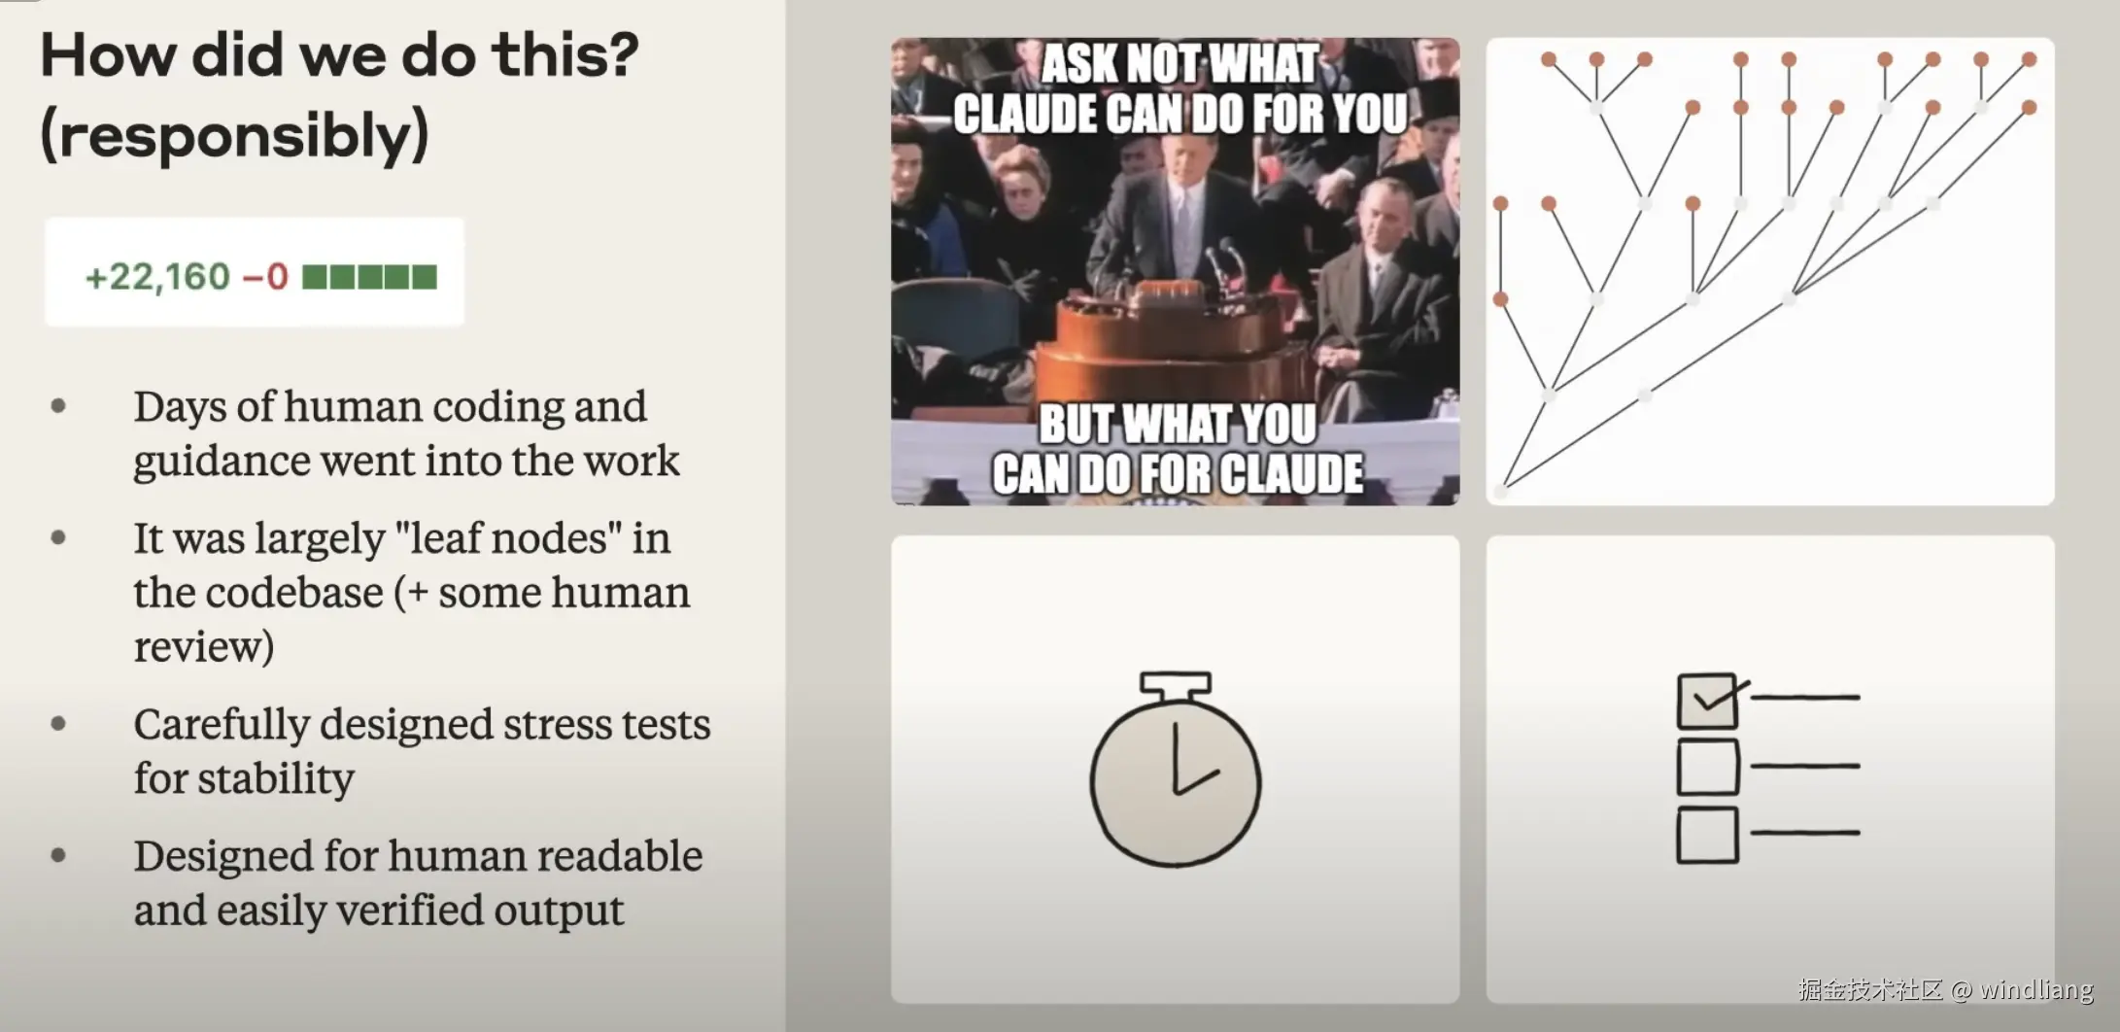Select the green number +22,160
[x=157, y=277]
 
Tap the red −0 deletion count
[x=265, y=277]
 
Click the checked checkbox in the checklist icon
[x=1707, y=701]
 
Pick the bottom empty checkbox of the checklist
[x=1707, y=835]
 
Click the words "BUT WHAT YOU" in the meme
[x=1178, y=425]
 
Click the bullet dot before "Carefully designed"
[x=58, y=723]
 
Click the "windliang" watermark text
[x=2036, y=990]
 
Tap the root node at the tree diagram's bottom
[x=1502, y=489]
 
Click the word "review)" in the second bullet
[x=204, y=647]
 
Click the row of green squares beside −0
[x=370, y=277]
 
